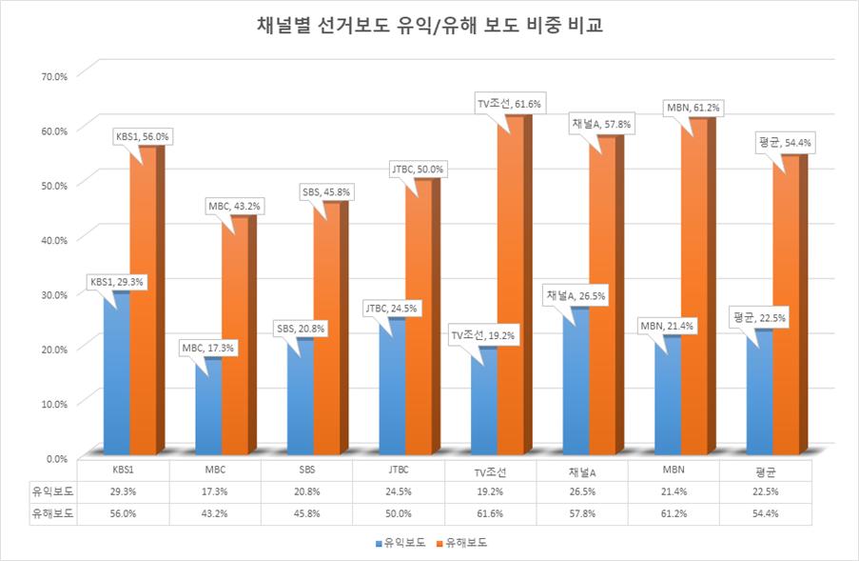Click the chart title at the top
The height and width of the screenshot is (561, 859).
(x=429, y=26)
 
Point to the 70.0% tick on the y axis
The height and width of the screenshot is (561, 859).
(x=51, y=72)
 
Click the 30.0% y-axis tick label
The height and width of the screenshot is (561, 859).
(x=51, y=293)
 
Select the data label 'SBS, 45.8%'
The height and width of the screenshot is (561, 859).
(x=325, y=192)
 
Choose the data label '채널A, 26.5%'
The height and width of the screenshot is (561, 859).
(x=575, y=296)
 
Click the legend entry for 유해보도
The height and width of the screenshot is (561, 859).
(x=465, y=542)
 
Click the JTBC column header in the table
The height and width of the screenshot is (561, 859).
(x=399, y=471)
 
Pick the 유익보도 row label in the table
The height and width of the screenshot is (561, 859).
(x=53, y=491)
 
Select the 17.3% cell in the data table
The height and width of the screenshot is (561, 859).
(x=215, y=491)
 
